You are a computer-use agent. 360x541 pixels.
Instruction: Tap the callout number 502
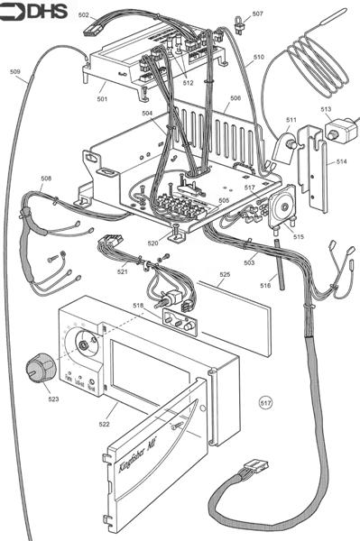coord(83,15)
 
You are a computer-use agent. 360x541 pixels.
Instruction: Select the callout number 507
coord(258,14)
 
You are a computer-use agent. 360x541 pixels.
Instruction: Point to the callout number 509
coord(14,71)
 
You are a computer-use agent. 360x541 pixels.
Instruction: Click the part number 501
coord(102,99)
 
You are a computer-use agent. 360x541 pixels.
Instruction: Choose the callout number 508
coord(46,179)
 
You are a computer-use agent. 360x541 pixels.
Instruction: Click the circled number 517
coord(265,399)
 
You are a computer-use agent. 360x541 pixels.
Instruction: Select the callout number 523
coord(53,398)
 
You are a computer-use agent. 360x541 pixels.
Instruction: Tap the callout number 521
coord(123,271)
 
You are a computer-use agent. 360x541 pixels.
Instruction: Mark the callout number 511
coord(291,119)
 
